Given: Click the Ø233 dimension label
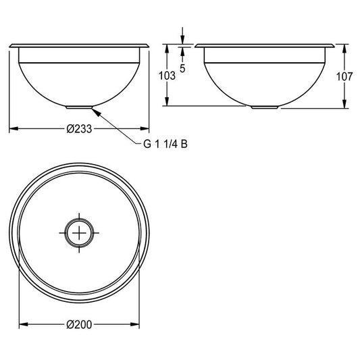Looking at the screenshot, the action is click(79, 129).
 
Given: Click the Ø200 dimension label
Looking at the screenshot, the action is click(79, 325).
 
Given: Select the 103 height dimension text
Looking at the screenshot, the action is click(167, 76).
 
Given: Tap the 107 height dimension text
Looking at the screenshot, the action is click(344, 76).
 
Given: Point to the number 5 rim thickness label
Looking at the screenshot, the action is click(182, 68).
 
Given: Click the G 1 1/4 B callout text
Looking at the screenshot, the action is click(165, 144).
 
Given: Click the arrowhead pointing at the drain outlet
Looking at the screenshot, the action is click(97, 112).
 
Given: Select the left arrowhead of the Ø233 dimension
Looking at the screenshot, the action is click(14, 128).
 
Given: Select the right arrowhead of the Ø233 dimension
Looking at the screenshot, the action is click(145, 128).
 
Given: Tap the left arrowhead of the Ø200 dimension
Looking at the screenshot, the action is click(24, 324).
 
